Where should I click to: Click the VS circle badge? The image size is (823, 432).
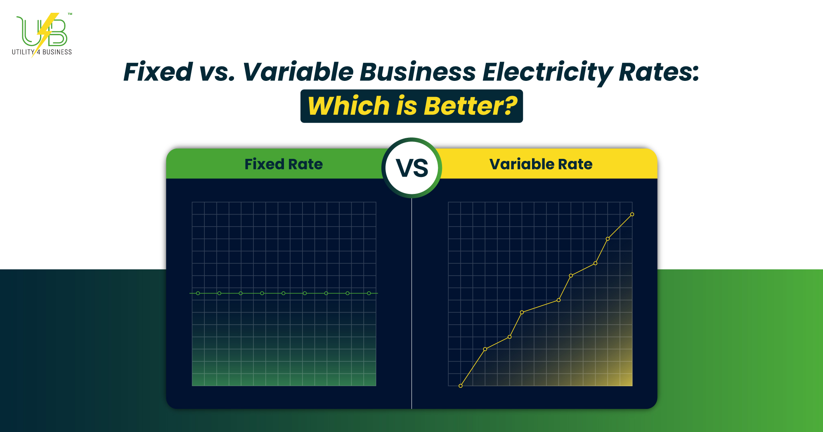click(x=411, y=168)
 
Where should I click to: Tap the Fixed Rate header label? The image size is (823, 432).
click(x=284, y=164)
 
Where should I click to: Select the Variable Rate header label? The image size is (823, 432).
click(x=541, y=164)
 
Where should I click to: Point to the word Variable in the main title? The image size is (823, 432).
click(x=298, y=72)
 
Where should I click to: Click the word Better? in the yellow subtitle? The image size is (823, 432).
click(x=470, y=106)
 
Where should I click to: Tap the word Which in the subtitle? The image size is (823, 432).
click(x=349, y=106)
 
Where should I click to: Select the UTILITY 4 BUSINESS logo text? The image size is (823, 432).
click(x=42, y=52)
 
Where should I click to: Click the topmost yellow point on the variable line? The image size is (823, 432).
click(x=632, y=215)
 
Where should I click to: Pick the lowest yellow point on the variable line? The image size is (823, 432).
click(x=461, y=386)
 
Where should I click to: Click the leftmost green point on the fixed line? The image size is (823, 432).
click(x=198, y=293)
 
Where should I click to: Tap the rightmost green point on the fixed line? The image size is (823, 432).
click(x=369, y=293)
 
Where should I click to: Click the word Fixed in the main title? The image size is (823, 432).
click(x=158, y=72)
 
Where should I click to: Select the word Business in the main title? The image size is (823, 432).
click(x=418, y=72)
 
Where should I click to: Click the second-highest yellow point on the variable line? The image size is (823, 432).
click(x=608, y=239)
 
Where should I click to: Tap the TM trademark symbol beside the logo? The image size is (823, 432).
click(x=70, y=14)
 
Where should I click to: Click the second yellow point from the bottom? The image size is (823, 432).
click(x=485, y=349)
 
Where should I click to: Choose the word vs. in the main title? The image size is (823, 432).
click(x=217, y=72)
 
